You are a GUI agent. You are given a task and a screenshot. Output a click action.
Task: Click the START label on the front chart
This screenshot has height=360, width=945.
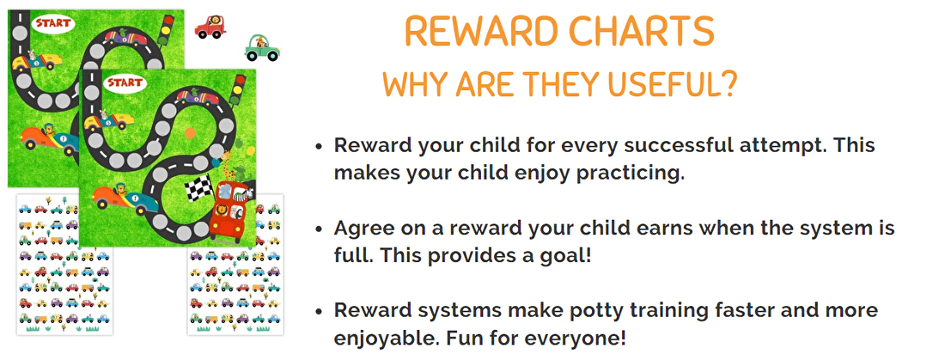tap(125, 83)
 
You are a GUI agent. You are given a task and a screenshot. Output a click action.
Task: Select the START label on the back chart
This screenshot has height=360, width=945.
tap(53, 24)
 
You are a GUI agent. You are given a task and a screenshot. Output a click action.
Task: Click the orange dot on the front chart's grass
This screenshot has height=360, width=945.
tap(190, 133)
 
